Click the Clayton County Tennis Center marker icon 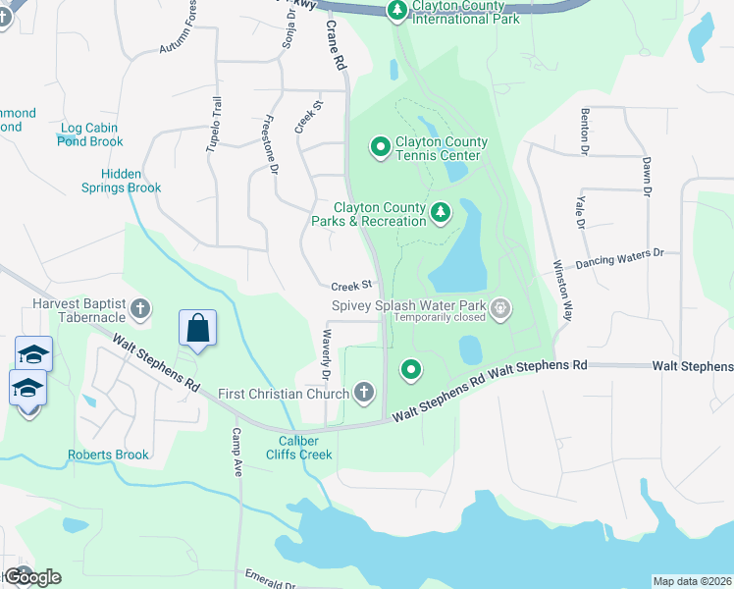381,148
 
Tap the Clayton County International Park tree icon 397,11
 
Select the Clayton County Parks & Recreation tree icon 442,211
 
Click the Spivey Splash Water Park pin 500,310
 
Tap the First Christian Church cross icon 364,394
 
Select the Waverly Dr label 325,354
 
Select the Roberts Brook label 108,455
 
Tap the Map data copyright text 692,581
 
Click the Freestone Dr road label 272,146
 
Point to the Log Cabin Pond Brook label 91,134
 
